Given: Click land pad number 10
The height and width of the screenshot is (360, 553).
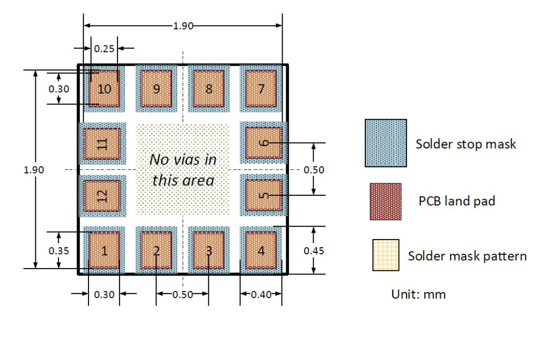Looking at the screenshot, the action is (104, 89).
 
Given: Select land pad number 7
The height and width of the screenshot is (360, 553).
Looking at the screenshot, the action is (261, 89).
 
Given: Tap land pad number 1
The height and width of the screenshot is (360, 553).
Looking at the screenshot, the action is (104, 250).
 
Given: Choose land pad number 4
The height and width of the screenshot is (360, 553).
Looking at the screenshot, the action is (261, 250).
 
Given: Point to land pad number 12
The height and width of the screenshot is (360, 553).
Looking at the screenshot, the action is (102, 196).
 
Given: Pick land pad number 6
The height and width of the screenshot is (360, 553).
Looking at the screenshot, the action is (264, 143).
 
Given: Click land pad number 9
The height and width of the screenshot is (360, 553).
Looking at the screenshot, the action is (157, 89).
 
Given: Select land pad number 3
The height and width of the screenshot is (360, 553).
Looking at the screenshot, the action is (209, 250).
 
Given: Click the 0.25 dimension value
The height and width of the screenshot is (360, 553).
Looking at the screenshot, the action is (104, 48).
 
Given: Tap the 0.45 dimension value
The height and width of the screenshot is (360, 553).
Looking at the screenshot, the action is (314, 251).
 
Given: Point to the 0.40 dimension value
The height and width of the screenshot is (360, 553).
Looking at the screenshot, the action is (261, 295).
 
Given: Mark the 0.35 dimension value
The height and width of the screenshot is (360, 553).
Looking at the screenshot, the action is (58, 251).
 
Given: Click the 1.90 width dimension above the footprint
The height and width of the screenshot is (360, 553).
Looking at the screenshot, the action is (183, 26).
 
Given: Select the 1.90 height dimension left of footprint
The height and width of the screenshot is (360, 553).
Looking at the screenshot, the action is (33, 170).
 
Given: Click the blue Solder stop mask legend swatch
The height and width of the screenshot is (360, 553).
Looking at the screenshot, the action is (386, 143).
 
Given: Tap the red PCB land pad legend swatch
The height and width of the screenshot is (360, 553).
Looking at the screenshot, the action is (385, 202).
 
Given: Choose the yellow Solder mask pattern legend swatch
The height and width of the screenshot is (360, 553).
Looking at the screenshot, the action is (386, 255).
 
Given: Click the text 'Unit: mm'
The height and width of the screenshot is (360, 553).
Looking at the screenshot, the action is (418, 294).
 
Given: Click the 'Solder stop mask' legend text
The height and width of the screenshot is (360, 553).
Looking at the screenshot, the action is (466, 144).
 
